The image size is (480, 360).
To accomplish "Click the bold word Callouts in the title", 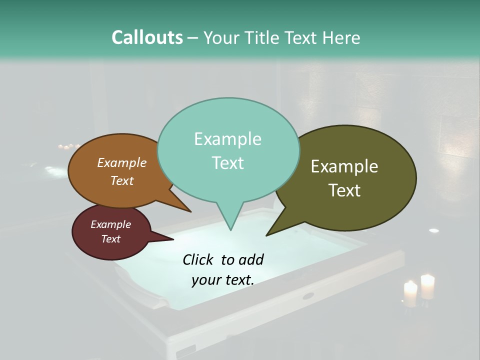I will coord(147,37).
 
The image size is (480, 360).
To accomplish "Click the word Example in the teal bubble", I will coord(227,139).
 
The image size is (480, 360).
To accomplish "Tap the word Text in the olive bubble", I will coord(345,190).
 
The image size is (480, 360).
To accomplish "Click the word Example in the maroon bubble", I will coord(110,224).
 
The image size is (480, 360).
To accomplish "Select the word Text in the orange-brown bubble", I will coord(122,181).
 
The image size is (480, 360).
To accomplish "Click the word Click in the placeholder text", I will coord(199,259).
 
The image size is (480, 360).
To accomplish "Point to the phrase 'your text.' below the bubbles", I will coord(223,280).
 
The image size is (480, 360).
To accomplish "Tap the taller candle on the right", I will coord(427,286).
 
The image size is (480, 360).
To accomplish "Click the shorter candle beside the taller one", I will coord(410,294).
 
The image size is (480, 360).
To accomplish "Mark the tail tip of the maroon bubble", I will coord(173,239).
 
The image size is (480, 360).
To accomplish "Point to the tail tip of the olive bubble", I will coord(267,235).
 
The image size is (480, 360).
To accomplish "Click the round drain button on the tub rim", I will coord(308,296).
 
